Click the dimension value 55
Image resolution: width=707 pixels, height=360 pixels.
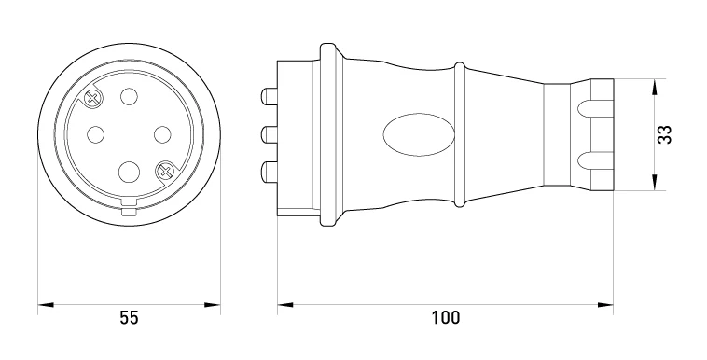(129, 318)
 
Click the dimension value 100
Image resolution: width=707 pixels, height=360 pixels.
(446, 318)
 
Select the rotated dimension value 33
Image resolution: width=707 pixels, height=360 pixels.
(664, 134)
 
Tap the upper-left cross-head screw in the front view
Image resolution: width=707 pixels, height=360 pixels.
(93, 97)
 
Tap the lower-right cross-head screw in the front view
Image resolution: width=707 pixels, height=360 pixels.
(164, 171)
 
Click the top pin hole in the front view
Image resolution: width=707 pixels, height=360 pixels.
(129, 96)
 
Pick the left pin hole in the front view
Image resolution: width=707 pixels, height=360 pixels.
(95, 134)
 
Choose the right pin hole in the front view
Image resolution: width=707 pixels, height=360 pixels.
(162, 134)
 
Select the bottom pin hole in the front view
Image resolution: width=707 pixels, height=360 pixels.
(129, 172)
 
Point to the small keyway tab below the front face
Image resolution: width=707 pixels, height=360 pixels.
(129, 212)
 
